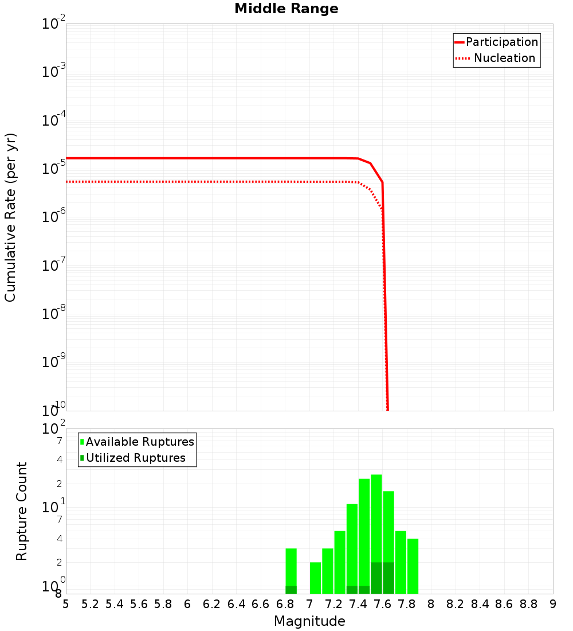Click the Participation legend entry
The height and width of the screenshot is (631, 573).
pos(501,42)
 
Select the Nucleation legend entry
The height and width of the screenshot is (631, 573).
pos(504,58)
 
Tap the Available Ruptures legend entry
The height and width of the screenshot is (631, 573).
pos(140,442)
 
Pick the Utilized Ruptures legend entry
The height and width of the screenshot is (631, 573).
pos(135,458)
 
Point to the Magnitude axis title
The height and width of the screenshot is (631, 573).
pos(309,621)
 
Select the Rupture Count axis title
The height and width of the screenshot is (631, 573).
pos(22,511)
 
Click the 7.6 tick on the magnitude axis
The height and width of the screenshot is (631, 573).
pos(383,604)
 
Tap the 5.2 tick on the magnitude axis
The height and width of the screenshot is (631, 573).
pos(91,604)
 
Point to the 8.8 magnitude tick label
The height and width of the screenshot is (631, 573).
pos(529,604)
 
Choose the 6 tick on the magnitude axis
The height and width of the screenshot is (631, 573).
pos(187,604)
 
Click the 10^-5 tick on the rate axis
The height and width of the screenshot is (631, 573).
pos(54,169)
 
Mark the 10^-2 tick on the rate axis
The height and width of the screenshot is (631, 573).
pos(54,25)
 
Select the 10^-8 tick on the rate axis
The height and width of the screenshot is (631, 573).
pos(54,314)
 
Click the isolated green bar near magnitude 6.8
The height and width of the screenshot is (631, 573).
pos(291,568)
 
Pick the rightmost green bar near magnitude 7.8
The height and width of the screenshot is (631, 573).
pos(413,565)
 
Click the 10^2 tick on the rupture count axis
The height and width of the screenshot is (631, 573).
pos(54,430)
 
